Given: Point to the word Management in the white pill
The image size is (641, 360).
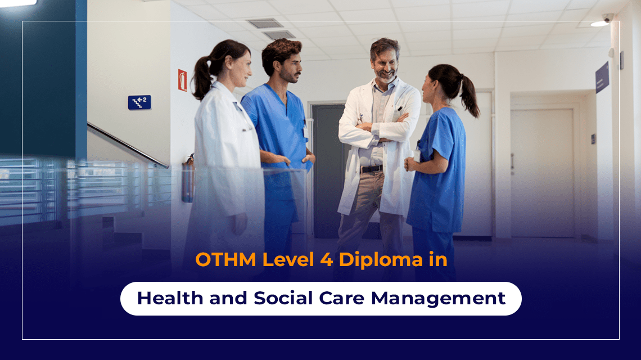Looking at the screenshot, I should (438, 298).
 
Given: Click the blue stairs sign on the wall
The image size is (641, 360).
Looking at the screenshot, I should (139, 102).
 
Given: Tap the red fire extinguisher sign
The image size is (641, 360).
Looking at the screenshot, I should (182, 80).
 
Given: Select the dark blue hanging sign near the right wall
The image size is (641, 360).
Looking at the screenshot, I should (602, 77).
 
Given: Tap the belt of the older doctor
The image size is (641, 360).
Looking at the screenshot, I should (371, 168).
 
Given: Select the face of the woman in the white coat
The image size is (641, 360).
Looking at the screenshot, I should (238, 66).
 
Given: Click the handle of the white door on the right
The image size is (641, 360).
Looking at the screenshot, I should (512, 161).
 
